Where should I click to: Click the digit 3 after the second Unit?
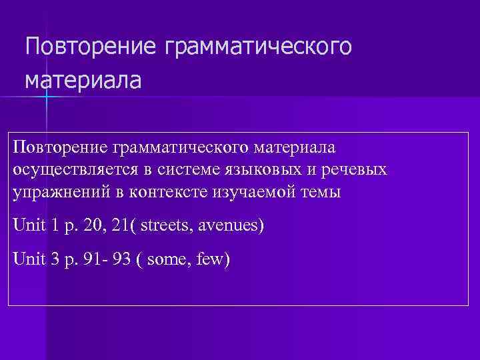55,259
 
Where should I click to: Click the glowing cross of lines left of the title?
47,97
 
